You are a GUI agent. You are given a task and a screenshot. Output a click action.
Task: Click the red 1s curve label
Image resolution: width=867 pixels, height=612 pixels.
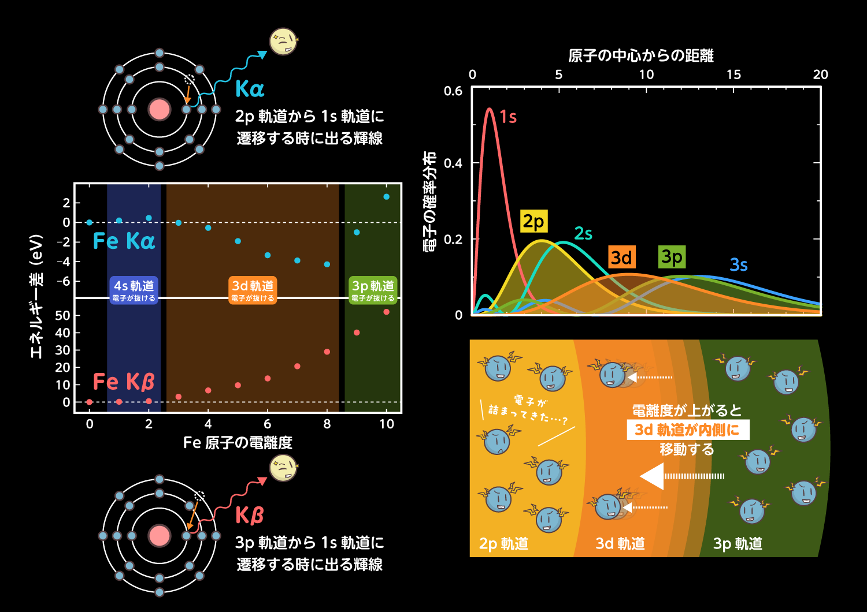[508, 117]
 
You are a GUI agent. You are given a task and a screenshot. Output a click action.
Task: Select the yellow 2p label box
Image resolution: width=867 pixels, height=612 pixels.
[533, 221]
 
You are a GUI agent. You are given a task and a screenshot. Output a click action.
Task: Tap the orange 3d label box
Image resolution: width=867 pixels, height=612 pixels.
[621, 257]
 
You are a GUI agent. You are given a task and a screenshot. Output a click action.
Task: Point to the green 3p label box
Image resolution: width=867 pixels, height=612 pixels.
[672, 256]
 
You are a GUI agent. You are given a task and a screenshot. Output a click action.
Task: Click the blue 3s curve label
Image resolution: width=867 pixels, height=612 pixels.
[738, 265]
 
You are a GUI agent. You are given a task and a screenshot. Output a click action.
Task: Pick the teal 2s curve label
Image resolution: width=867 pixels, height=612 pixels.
[583, 234]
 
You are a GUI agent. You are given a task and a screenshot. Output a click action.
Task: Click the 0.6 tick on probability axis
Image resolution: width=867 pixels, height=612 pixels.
[453, 91]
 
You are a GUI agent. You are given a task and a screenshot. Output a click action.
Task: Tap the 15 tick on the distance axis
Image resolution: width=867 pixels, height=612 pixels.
[733, 74]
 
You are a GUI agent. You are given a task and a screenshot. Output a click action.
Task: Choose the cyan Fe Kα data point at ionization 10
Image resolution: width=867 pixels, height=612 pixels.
[386, 197]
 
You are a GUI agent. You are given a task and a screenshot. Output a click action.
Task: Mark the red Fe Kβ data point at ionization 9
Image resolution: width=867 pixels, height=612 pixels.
[357, 333]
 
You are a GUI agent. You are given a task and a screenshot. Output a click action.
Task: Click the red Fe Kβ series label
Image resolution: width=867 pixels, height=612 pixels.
[124, 382]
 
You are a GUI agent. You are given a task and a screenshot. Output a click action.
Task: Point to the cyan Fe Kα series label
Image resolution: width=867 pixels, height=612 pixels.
[124, 241]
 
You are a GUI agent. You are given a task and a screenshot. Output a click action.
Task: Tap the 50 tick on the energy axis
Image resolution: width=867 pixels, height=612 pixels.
[62, 316]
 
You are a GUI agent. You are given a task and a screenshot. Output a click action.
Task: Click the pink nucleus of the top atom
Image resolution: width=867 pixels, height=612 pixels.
[160, 110]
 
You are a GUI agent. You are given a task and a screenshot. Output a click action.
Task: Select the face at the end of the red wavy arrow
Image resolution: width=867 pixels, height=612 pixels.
[283, 468]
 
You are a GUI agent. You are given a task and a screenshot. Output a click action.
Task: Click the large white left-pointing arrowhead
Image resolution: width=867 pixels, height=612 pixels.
[652, 476]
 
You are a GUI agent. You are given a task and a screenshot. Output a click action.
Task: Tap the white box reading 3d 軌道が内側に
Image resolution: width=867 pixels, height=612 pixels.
[687, 430]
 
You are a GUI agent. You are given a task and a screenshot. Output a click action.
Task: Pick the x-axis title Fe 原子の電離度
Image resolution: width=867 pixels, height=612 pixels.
[238, 443]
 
